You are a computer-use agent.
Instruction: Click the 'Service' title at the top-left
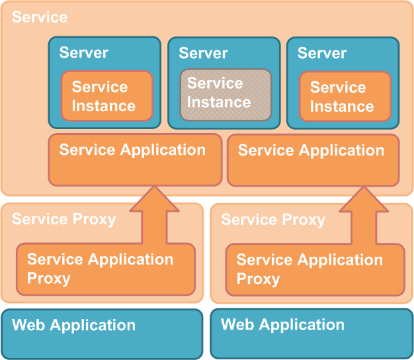click(40, 17)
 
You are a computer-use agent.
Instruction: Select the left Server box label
click(84, 53)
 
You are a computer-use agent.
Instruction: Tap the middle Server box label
click(203, 53)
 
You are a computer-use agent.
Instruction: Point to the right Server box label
click(322, 53)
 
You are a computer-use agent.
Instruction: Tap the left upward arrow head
click(154, 199)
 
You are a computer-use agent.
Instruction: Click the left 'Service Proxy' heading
click(63, 219)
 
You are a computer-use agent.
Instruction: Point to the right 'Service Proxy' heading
click(272, 219)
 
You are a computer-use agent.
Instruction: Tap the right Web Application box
click(311, 333)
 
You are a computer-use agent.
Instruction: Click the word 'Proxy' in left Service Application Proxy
click(49, 278)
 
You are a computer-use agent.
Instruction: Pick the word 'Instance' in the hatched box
click(218, 102)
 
